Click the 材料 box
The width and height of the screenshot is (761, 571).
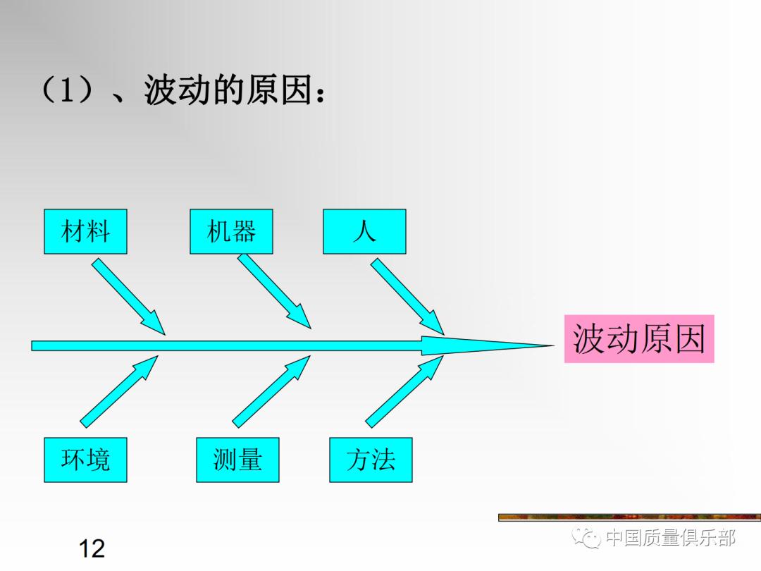click(x=85, y=231)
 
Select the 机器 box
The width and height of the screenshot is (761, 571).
click(x=231, y=231)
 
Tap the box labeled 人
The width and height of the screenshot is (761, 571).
click(x=364, y=231)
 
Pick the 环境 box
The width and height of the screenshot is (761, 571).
click(x=85, y=460)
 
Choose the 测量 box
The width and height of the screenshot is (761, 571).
click(x=237, y=460)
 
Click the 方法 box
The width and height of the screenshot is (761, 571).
click(x=371, y=460)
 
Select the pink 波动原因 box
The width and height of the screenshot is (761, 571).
click(x=638, y=339)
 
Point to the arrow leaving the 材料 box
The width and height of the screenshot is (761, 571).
click(x=127, y=295)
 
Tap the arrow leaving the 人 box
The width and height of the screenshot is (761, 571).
click(x=407, y=295)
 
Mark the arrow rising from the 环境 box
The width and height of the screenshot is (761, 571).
click(x=118, y=392)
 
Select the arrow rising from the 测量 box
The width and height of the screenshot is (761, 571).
click(x=271, y=392)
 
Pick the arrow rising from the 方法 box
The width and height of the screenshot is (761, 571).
click(x=404, y=392)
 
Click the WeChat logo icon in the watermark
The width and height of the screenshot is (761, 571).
click(x=586, y=539)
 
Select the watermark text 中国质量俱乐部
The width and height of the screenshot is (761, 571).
click(x=670, y=539)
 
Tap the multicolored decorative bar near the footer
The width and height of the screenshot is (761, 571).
click(x=629, y=517)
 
